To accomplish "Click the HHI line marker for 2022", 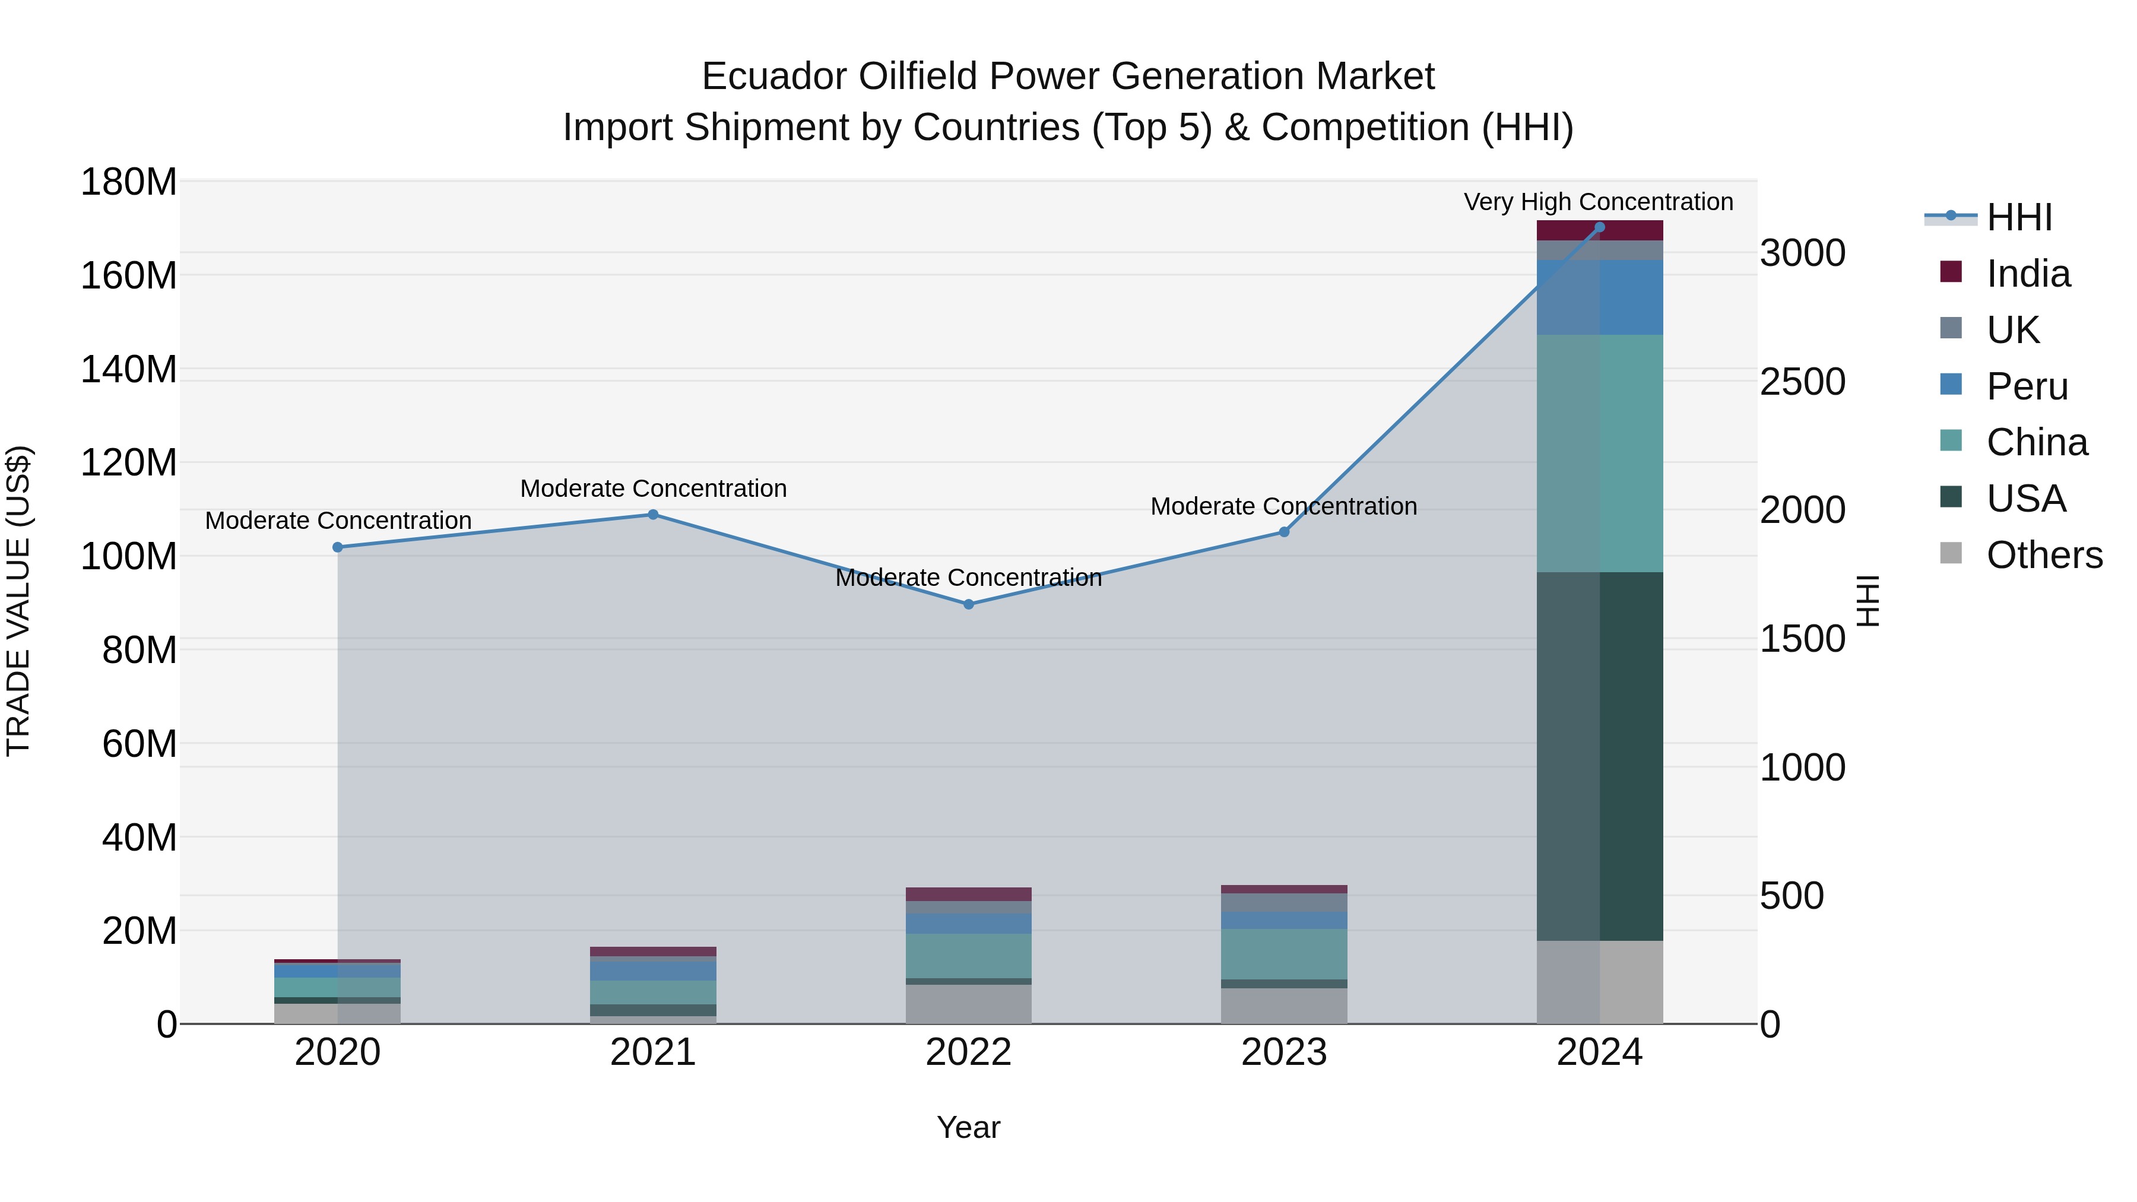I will point(968,604).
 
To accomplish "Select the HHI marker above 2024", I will point(1599,227).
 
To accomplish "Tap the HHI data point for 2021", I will point(653,514).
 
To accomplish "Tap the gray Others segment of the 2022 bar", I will point(968,1004).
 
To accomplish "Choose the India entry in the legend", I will point(2028,274).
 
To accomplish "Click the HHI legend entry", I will point(2019,217).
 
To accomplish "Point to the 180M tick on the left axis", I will point(129,182).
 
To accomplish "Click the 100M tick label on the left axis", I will point(129,556).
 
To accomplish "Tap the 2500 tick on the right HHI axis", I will point(1803,382).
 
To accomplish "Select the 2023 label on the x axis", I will point(1283,1052).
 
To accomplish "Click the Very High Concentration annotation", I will point(1598,202).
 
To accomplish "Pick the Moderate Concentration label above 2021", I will point(653,489).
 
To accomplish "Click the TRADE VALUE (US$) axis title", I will point(18,601).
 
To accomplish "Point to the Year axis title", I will point(968,1127).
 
